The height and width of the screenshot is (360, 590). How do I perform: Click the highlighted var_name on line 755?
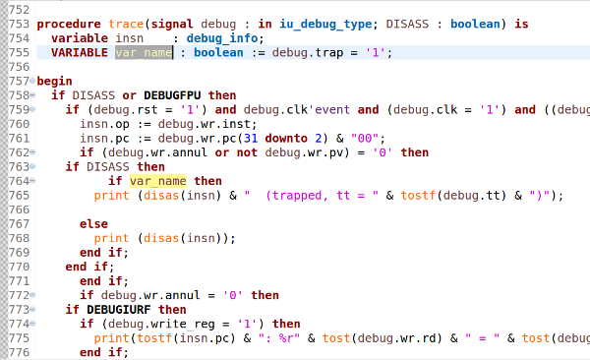[x=143, y=52]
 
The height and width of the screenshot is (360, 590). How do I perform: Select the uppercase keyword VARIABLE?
[x=80, y=52]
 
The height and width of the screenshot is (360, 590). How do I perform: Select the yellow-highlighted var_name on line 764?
[x=157, y=181]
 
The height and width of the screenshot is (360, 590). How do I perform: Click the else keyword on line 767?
[x=93, y=224]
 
